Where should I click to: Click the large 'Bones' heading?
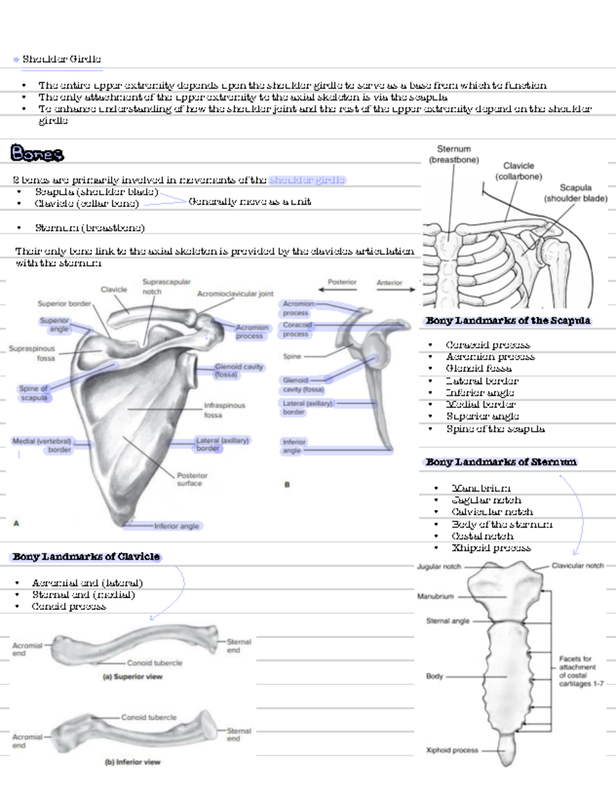[x=37, y=153]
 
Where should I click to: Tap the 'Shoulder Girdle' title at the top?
[x=62, y=59]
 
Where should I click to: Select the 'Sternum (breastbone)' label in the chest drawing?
[x=454, y=154]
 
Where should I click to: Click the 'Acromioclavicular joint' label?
[x=235, y=294]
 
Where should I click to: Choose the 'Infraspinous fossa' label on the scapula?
[x=224, y=410]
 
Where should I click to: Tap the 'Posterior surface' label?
[x=192, y=479]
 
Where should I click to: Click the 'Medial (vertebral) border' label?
[x=42, y=445]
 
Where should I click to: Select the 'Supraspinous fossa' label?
[x=32, y=353]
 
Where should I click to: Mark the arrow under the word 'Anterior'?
[x=396, y=290]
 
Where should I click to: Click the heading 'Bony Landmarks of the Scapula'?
[x=508, y=321]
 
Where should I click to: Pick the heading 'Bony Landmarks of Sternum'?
[x=501, y=462]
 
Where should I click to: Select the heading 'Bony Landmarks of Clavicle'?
[x=86, y=557]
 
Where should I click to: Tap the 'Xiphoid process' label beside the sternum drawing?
[x=452, y=750]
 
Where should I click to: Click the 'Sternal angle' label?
[x=448, y=621]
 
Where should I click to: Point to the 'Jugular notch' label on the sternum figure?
[x=439, y=566]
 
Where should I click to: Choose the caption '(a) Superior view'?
[x=132, y=677]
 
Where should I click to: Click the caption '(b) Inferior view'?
[x=132, y=762]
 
